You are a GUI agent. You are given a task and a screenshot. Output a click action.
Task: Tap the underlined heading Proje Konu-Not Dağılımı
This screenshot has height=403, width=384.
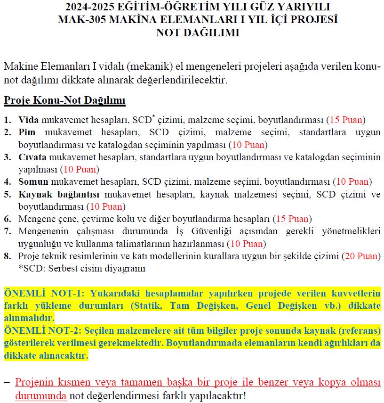coord(64,100)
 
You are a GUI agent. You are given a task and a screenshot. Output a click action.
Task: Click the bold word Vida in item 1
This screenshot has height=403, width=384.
coord(29,120)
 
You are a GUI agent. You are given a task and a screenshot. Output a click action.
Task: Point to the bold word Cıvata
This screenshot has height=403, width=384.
coord(32,157)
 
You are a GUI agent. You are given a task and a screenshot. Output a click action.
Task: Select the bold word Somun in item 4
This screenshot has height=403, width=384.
coord(33,181)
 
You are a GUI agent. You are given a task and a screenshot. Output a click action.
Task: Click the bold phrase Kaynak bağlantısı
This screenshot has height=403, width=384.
coord(58,194)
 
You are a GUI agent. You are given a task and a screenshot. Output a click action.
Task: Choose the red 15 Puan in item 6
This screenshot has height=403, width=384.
coord(293,219)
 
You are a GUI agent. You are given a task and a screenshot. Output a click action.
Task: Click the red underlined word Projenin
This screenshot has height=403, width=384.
coord(36,382)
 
